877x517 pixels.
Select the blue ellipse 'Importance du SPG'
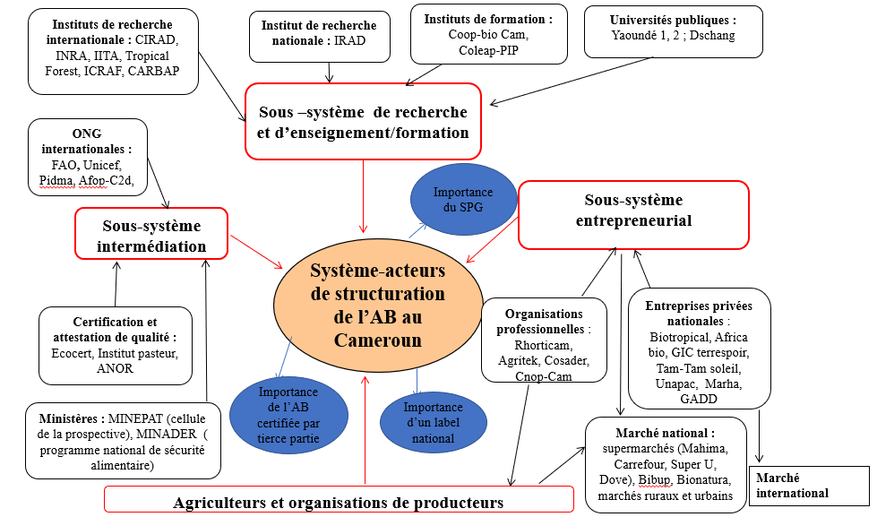463,199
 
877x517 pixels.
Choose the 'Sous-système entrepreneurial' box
632,215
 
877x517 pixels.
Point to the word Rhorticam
544,344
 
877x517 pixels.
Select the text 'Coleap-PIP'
488,51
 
